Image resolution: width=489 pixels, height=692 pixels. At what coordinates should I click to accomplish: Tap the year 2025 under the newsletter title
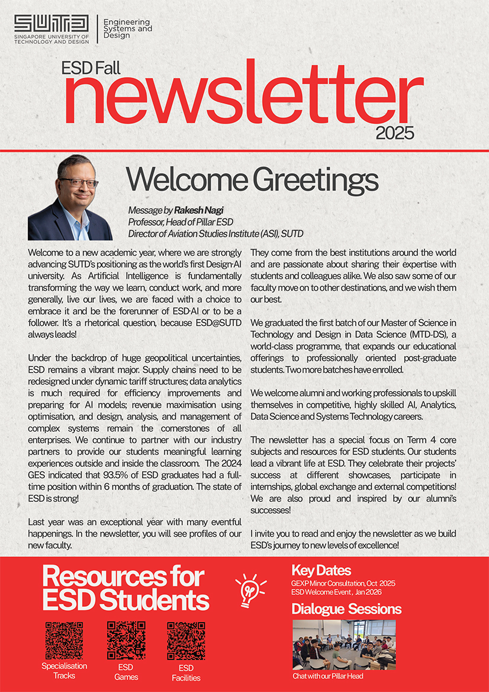[394, 132]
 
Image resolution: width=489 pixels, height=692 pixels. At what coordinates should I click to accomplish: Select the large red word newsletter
[243, 95]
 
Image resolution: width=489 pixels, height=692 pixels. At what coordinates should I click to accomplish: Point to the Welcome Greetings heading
[253, 179]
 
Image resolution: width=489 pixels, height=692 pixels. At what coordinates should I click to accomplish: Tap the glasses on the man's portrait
[79, 182]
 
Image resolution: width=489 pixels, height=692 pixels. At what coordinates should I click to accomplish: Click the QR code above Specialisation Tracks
[64, 640]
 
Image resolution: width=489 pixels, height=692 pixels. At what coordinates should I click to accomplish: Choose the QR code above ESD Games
[126, 640]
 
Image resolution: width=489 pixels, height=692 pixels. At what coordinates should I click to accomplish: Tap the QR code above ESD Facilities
[186, 640]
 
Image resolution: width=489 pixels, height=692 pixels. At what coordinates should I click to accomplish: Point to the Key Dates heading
[321, 571]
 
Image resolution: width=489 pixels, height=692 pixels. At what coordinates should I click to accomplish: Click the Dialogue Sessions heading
[346, 609]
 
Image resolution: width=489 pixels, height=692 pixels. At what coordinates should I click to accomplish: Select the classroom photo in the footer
[344, 645]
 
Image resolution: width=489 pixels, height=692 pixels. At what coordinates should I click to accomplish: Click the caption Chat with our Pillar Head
[327, 676]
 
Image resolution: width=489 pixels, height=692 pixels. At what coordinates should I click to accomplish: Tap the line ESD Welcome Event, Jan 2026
[334, 591]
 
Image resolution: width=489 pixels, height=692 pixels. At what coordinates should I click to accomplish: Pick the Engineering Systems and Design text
[127, 28]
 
